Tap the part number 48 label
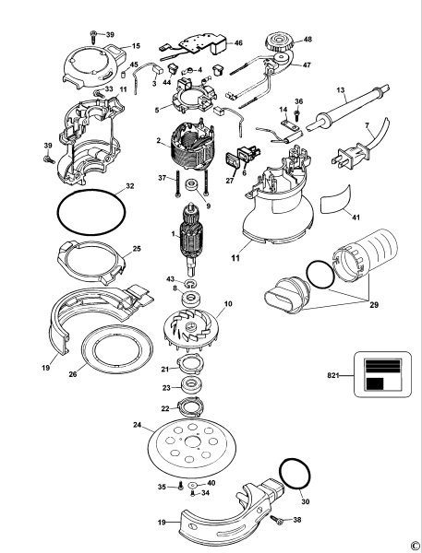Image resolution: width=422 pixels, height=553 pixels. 307,40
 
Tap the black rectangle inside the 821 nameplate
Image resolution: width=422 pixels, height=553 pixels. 374,382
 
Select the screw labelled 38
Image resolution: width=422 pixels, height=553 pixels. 280,522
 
